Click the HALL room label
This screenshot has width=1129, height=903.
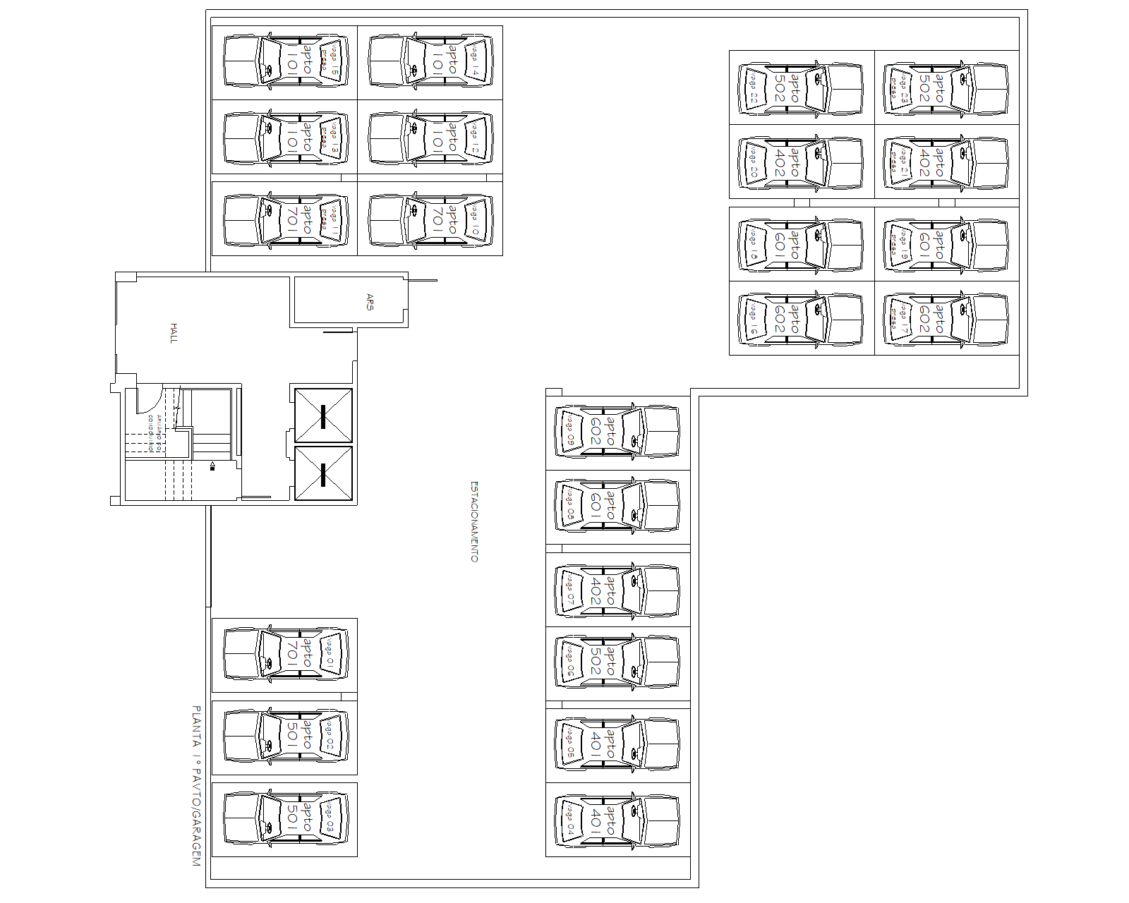coord(174,333)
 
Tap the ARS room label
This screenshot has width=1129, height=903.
coord(370,302)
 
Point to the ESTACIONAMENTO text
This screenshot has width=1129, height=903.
coord(474,522)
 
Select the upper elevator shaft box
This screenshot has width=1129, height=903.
coord(323,416)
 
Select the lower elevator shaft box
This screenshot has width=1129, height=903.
coord(323,474)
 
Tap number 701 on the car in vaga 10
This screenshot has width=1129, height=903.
coord(437,219)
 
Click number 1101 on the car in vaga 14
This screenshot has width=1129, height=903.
coord(437,61)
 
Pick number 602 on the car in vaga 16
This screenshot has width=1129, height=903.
coord(780,319)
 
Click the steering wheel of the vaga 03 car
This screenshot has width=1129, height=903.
coord(269,827)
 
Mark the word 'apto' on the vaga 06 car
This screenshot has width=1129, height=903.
coord(611,660)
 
